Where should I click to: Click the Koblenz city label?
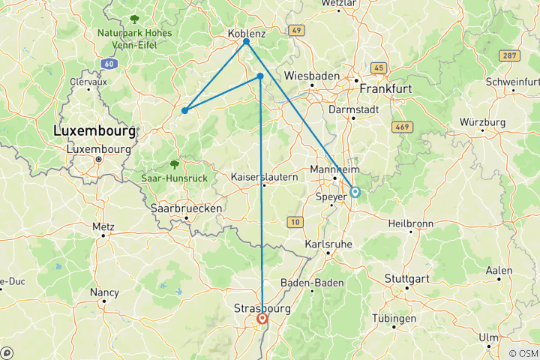click(246, 34)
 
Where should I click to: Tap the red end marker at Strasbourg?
click(262, 319)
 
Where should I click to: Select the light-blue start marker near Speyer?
click(355, 192)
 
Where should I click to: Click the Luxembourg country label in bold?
click(94, 131)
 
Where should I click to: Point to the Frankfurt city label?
click(386, 88)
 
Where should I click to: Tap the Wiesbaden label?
click(312, 76)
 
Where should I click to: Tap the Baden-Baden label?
click(311, 283)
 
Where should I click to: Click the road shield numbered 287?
click(510, 56)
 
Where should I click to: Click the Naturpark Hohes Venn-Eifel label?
click(134, 38)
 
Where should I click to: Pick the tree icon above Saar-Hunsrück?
click(174, 164)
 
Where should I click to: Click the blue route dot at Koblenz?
click(246, 42)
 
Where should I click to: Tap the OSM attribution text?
click(523, 353)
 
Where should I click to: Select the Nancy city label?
click(103, 292)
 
